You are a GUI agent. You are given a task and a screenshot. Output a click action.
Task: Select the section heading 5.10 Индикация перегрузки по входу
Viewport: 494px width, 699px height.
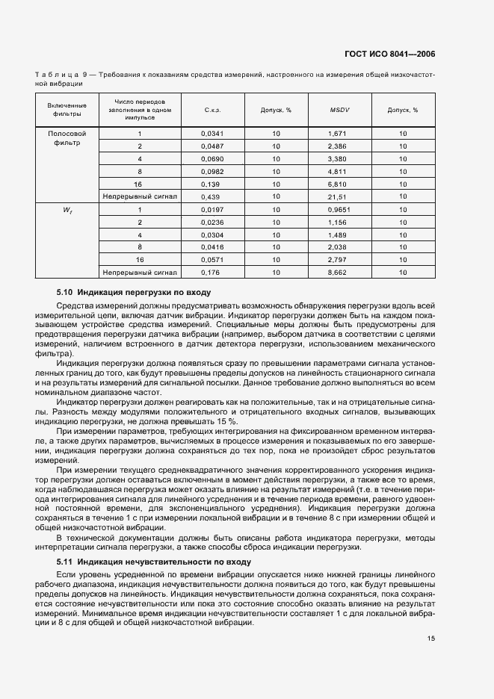click(134, 292)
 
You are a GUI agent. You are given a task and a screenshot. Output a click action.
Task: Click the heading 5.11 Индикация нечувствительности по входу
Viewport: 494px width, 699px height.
click(153, 561)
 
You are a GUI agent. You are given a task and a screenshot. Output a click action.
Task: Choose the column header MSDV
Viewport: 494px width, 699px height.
click(340, 111)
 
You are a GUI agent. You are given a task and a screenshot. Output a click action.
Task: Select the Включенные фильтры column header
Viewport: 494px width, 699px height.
click(67, 110)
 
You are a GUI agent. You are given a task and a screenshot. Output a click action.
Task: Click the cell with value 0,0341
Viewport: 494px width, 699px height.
click(212, 134)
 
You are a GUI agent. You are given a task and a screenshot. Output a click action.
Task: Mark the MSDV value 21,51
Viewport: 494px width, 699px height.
click(339, 196)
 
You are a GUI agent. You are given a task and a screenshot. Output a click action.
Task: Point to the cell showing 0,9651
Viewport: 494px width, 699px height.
click(339, 211)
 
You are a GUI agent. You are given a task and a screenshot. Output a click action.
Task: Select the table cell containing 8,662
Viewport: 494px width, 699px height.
click(339, 273)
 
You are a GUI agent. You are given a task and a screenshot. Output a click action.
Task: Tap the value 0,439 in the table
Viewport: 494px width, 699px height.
click(212, 196)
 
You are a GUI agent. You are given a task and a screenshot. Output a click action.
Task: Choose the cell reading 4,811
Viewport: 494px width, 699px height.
click(339, 171)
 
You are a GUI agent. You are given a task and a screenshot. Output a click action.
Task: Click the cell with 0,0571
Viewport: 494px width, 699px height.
click(212, 261)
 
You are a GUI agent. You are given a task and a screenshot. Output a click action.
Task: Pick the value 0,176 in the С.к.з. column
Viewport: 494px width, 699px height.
click(212, 273)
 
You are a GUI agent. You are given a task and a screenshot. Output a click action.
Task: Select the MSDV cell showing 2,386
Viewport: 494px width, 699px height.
click(339, 146)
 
